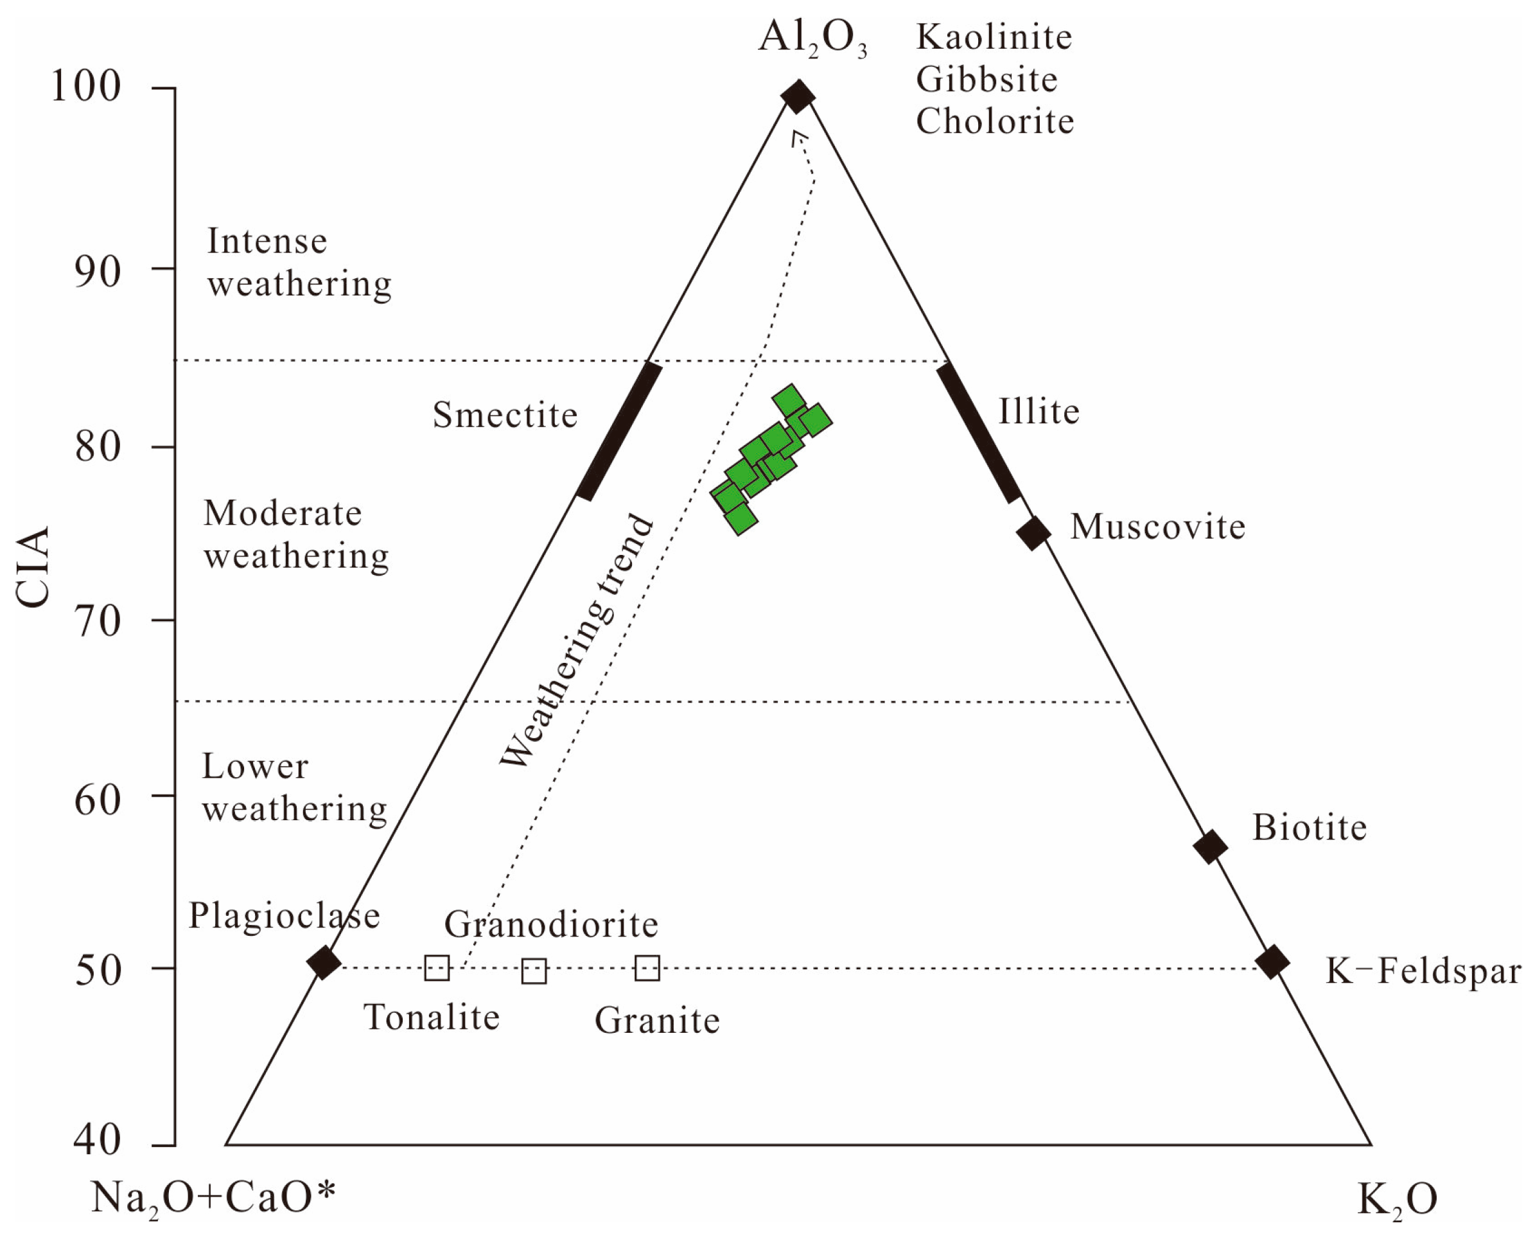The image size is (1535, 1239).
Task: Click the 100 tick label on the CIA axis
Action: [86, 88]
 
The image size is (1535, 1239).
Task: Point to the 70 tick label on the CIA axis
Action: [98, 622]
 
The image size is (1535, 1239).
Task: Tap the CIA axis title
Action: [33, 567]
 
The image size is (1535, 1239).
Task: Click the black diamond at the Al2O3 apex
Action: [798, 96]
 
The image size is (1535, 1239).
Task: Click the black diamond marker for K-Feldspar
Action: [1272, 962]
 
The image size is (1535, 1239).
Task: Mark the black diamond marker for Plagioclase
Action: [324, 962]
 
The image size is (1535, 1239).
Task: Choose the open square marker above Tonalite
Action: [437, 968]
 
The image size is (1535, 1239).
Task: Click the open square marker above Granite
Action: [647, 969]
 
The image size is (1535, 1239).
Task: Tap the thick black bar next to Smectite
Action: [619, 431]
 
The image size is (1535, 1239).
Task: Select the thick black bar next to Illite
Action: [978, 432]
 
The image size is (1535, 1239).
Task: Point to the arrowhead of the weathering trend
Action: [798, 136]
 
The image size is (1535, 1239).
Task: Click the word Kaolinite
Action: [994, 37]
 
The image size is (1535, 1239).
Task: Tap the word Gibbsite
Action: [987, 79]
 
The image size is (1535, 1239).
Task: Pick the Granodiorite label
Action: [551, 925]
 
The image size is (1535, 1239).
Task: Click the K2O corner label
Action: [1396, 1199]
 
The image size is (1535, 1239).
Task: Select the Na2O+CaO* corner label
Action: [213, 1199]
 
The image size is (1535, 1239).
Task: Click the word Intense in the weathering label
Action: [267, 242]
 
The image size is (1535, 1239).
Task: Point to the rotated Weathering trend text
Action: [577, 641]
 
